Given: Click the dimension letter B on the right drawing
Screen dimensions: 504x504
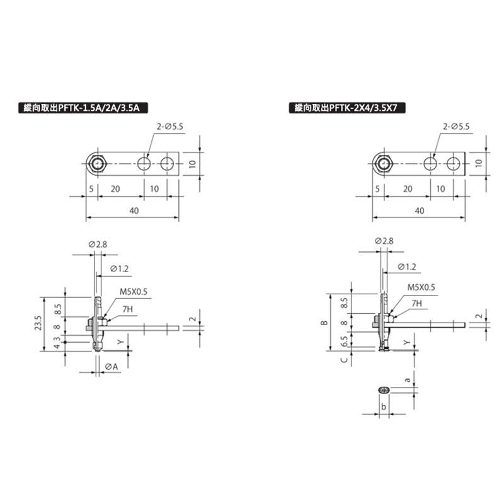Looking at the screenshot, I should pyautogui.click(x=324, y=323).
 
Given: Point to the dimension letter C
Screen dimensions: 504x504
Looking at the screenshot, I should pyautogui.click(x=343, y=360).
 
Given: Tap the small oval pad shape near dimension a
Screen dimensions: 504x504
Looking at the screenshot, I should pyautogui.click(x=382, y=391).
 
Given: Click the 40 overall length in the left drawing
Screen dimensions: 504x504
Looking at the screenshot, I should pyautogui.click(x=134, y=211).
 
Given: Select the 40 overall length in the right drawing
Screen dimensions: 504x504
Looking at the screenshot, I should pyautogui.click(x=420, y=211).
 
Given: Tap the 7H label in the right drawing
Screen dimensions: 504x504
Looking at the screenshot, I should pyautogui.click(x=416, y=303).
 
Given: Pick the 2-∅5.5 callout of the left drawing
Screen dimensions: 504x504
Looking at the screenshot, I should pyautogui.click(x=169, y=127).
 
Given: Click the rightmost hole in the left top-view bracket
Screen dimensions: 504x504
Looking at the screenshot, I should pyautogui.click(x=166, y=164).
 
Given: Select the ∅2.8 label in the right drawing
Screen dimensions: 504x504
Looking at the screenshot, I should pyautogui.click(x=384, y=241).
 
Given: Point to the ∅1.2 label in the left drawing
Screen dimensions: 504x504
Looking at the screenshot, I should pyautogui.click(x=120, y=268).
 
